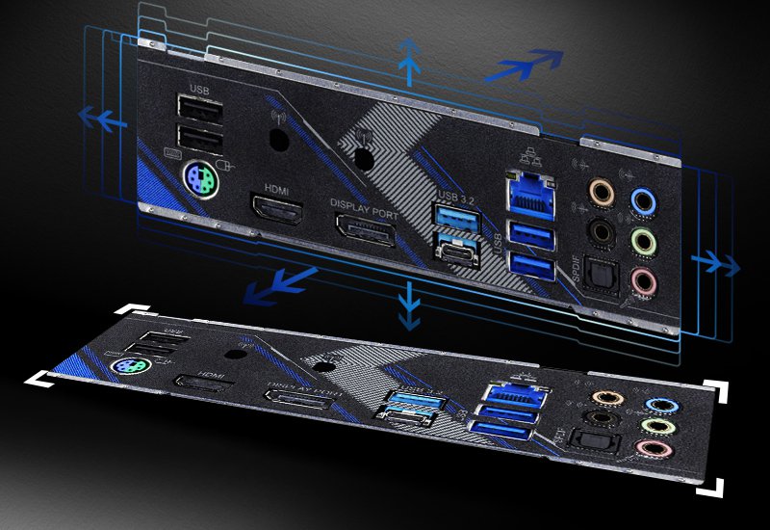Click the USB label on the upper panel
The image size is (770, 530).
click(199, 90)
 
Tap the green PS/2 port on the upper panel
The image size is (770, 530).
click(198, 174)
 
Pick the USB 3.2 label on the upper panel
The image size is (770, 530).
click(455, 197)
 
